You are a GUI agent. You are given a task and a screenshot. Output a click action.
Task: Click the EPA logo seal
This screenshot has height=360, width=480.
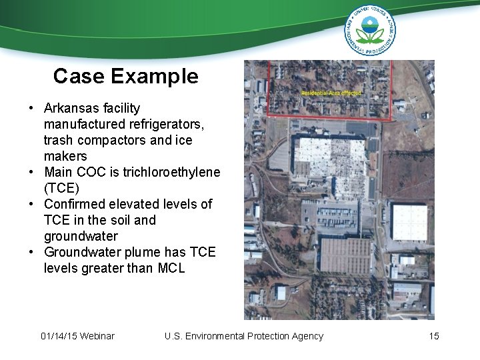pos(369,30)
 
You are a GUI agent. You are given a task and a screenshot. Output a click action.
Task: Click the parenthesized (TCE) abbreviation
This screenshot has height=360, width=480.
pos(61,188)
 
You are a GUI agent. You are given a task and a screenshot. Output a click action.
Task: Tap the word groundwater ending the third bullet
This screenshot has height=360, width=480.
pos(81,236)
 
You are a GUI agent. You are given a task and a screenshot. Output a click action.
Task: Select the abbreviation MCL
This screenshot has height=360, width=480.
pos(170,268)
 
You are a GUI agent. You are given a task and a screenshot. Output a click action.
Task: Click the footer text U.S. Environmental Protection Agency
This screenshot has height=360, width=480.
pos(243,336)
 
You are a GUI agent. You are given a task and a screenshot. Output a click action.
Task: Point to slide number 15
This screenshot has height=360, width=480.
pos(434,336)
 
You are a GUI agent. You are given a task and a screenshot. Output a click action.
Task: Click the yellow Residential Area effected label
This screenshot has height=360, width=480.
pos(331,93)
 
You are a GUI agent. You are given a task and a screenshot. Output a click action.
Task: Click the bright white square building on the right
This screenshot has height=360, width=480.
pos(409,222)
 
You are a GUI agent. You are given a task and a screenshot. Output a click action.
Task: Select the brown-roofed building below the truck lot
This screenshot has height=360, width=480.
pos(345,255)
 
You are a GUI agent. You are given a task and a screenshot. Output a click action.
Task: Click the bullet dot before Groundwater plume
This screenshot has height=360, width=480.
pos(31,252)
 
